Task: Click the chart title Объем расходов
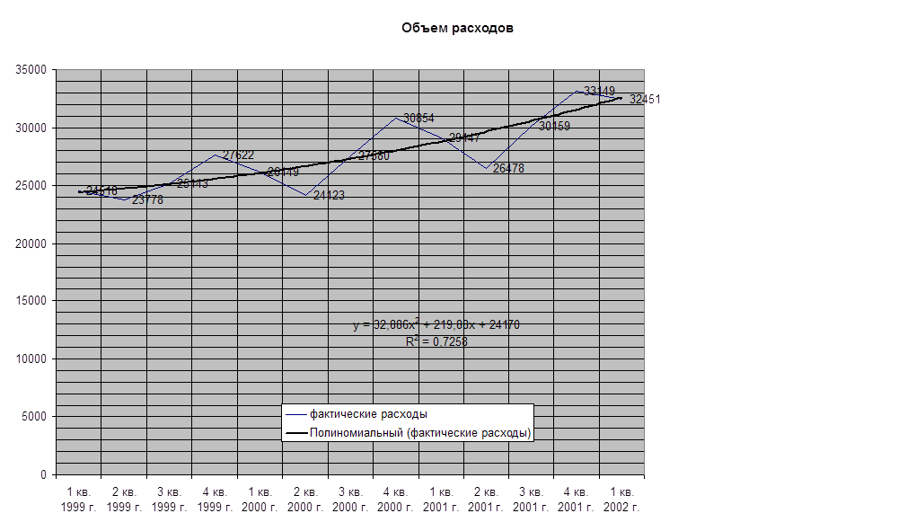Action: pos(458,28)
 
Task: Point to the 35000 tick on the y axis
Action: pos(33,70)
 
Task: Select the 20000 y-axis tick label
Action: pos(33,243)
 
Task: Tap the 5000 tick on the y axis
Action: pos(37,417)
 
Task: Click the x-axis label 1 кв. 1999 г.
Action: pos(78,500)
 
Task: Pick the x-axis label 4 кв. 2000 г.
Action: pos(397,500)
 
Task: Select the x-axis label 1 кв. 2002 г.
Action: pos(621,500)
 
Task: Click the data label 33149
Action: pos(599,91)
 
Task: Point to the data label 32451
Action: pos(645,100)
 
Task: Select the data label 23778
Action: pos(147,200)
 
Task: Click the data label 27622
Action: pos(238,155)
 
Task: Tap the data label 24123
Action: pos(329,195)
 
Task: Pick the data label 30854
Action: pos(419,118)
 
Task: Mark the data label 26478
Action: pos(509,168)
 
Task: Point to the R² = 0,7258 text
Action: pos(436,341)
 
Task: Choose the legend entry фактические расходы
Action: pos(368,414)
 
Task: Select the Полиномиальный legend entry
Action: pos(419,433)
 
